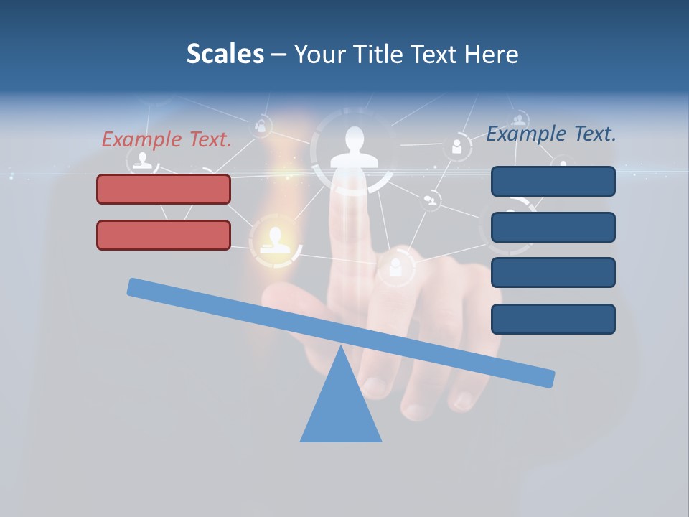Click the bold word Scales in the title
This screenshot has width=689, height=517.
(x=225, y=54)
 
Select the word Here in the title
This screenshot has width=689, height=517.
(x=490, y=54)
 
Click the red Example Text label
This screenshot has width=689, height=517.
(x=167, y=139)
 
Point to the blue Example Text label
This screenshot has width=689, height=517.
(x=551, y=134)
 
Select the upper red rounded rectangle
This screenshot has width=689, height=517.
(x=164, y=189)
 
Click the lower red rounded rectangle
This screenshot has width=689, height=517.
(x=164, y=235)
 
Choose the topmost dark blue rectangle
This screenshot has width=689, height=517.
(x=553, y=181)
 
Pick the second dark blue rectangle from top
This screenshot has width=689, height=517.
(x=553, y=227)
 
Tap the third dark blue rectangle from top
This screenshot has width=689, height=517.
(x=553, y=272)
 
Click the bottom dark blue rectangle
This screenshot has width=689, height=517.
(x=553, y=319)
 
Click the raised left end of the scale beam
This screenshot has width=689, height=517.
(x=136, y=287)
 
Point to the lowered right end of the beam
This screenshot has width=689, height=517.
(x=545, y=378)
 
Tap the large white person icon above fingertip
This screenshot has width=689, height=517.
(x=353, y=148)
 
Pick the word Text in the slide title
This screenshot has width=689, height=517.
(x=434, y=54)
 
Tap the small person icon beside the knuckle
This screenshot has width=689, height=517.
(x=395, y=268)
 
